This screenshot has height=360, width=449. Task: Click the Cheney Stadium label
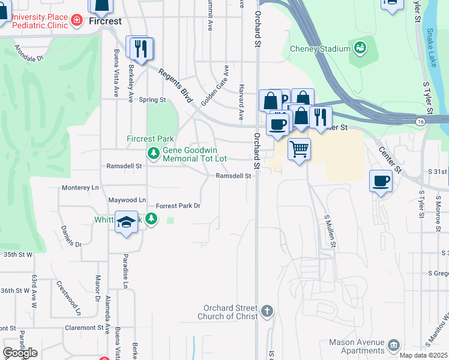pos(319,49)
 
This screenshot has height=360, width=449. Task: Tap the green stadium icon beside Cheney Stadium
pos(360,47)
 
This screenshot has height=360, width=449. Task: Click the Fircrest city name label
pos(105,21)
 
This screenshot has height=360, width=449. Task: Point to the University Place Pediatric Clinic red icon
pos(77,21)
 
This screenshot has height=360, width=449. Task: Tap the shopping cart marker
pos(299,148)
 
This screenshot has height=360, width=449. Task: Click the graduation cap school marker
pos(126,222)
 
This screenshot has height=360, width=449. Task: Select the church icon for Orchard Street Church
pos(267,311)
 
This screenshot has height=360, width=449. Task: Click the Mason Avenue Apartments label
pos(356,346)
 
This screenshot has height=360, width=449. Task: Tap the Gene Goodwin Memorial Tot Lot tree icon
pos(154,154)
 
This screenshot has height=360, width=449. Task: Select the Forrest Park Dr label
pos(178,206)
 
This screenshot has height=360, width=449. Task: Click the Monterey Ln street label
pos(80,188)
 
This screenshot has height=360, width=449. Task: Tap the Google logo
pos(20,353)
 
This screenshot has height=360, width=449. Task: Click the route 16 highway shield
pos(421,121)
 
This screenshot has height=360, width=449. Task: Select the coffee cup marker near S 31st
pos(381,180)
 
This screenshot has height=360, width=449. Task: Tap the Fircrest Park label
pos(142,139)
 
